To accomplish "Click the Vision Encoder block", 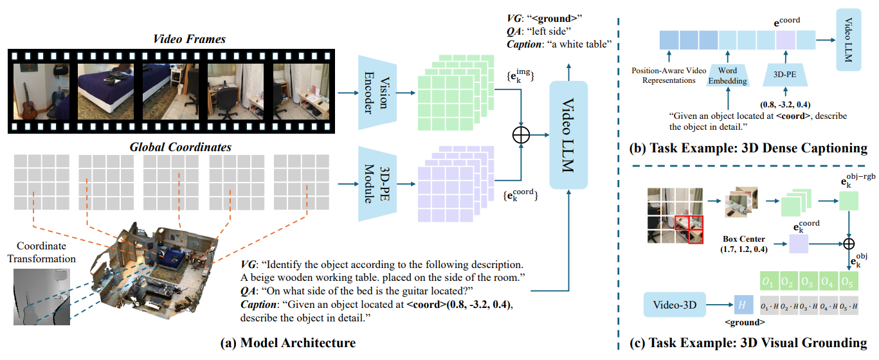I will click(376, 93).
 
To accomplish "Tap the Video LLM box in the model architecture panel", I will click(569, 135).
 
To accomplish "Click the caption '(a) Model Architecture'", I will click(287, 343).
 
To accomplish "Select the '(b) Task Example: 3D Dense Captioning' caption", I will click(748, 148).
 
